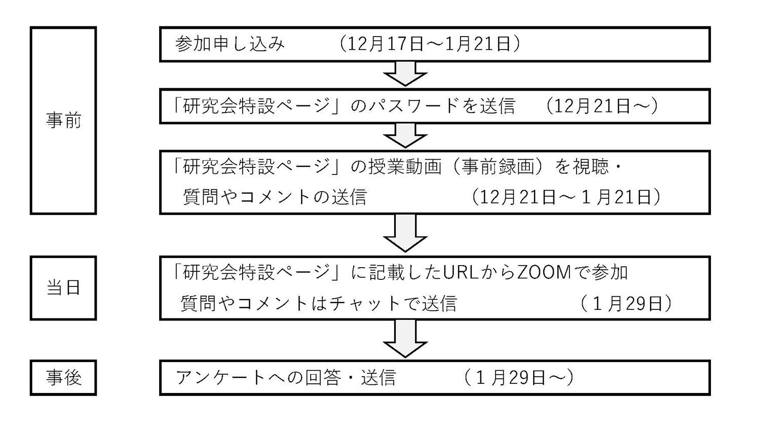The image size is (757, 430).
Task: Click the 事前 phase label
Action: (x=63, y=121)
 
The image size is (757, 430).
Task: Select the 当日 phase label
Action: (x=63, y=288)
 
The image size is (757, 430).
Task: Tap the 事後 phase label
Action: (x=63, y=378)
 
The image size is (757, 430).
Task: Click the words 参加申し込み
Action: (x=230, y=44)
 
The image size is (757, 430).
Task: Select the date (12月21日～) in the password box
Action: (x=601, y=106)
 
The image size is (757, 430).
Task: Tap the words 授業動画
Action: (x=405, y=167)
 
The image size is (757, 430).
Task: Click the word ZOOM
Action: (x=544, y=272)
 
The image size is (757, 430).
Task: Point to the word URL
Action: (x=460, y=272)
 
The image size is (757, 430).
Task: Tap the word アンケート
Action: (x=220, y=378)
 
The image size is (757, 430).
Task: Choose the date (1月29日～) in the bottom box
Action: (x=519, y=378)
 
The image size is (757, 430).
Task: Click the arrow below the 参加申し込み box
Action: (x=405, y=74)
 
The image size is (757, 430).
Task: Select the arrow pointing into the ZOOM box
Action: (x=405, y=233)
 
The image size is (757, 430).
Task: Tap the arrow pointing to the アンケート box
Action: (x=405, y=339)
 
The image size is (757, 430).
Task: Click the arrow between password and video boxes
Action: (x=405, y=136)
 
